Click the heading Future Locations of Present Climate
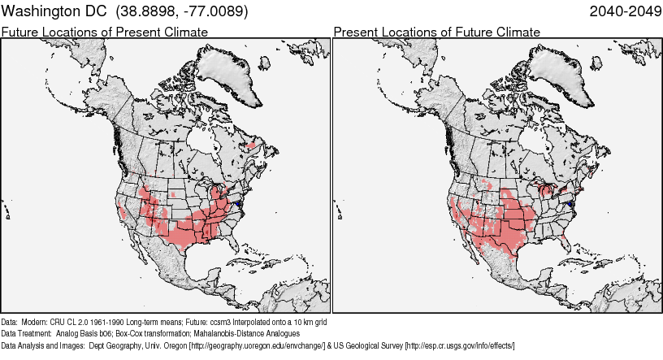(x=104, y=32)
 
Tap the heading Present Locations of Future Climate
(x=436, y=32)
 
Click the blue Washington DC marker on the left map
(x=241, y=197)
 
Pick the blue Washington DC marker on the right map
(x=572, y=202)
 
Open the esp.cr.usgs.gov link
(x=459, y=345)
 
